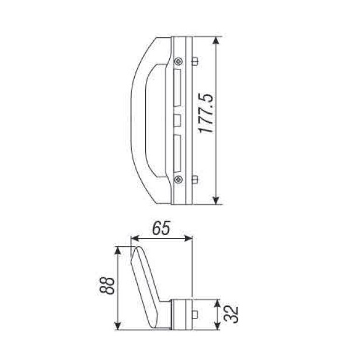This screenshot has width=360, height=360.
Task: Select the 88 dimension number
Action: coord(106,286)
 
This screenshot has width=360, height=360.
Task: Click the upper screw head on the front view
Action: coord(178,61)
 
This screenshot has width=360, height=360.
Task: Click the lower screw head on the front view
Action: coord(178,179)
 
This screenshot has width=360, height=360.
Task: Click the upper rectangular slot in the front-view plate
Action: coord(177,88)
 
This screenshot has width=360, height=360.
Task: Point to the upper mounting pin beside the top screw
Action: coord(195,61)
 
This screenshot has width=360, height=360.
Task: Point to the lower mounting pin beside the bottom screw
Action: coord(195,179)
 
